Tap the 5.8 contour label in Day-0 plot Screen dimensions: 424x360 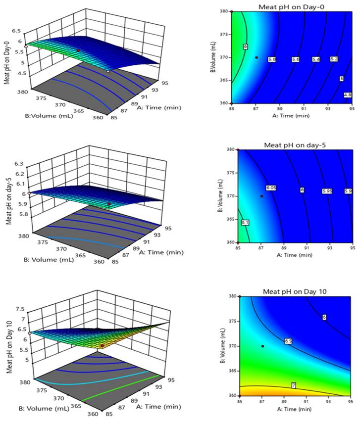(x=272, y=59)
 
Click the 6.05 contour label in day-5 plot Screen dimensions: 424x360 (x=270, y=188)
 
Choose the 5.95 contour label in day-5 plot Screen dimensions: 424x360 (x=326, y=190)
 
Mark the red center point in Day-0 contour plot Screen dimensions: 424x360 (x=257, y=57)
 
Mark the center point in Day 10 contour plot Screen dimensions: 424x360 (x=262, y=346)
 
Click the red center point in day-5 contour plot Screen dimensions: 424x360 (x=262, y=196)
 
